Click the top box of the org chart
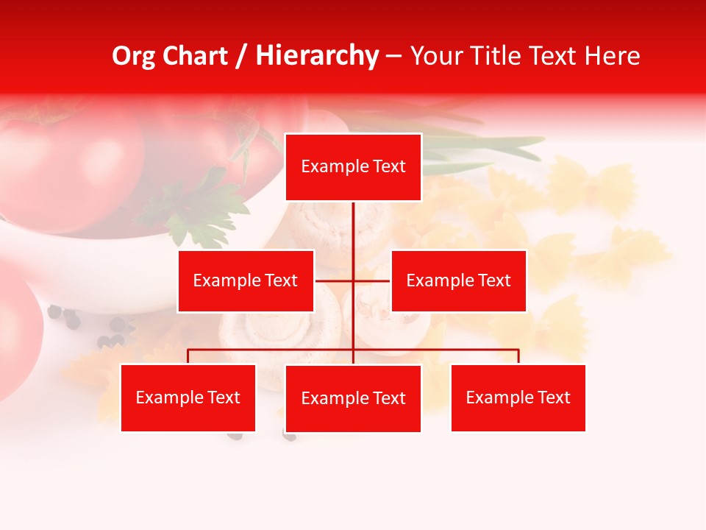pos(353,167)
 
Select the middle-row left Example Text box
pos(246,280)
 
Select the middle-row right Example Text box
pos(458,280)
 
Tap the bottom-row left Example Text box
pos(188,397)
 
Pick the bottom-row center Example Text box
pos(353,398)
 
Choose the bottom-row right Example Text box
pos(518,397)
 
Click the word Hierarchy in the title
pos(317,56)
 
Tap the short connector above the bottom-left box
pos(188,356)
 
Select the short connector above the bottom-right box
pos(518,356)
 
